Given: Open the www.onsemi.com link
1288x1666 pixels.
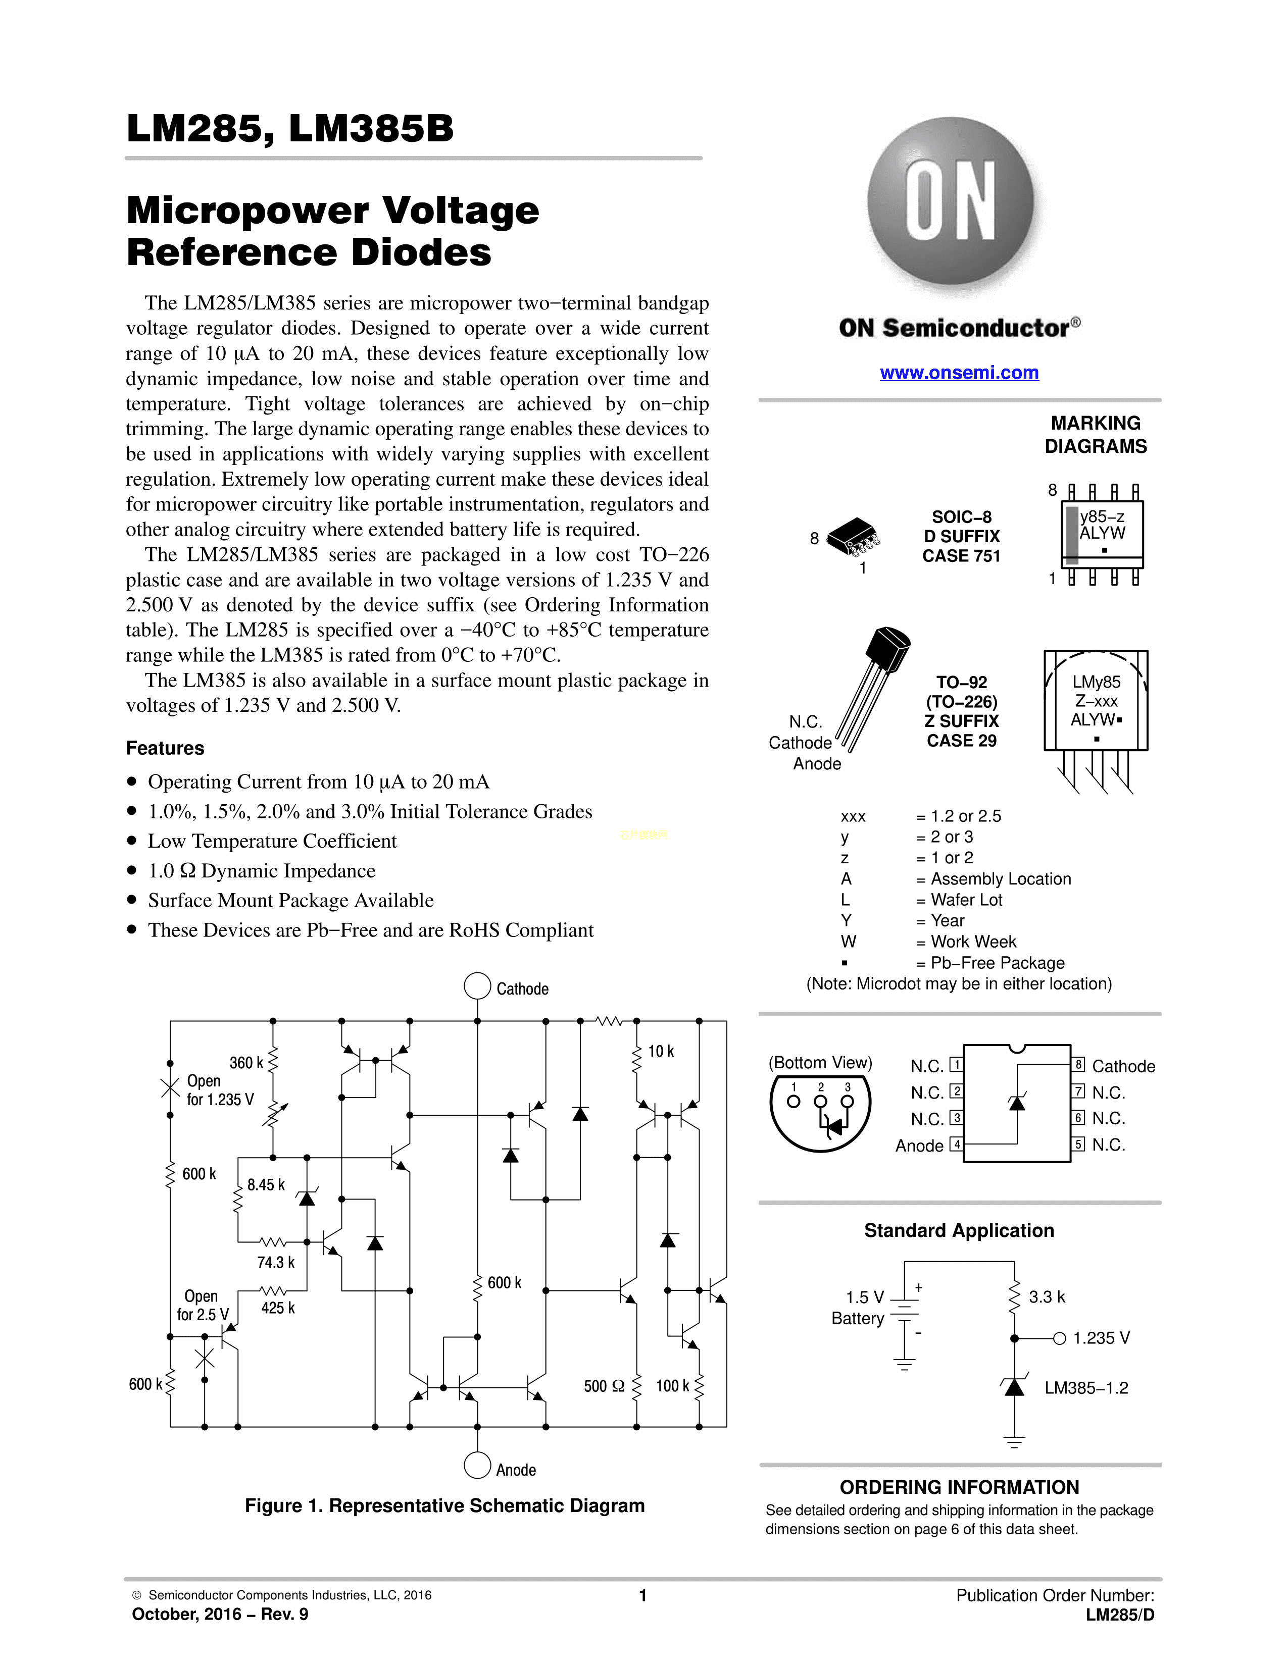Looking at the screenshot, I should [x=959, y=373].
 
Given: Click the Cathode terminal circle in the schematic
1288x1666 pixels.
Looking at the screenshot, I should [x=477, y=985].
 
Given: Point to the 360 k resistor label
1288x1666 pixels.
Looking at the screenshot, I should [x=245, y=1063].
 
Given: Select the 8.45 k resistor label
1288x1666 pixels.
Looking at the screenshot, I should [x=266, y=1185].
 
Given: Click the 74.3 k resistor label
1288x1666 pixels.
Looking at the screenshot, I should [x=275, y=1263].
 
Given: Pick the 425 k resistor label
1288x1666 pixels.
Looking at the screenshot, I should [x=278, y=1308].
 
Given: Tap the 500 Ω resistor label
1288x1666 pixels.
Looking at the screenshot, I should [x=604, y=1386].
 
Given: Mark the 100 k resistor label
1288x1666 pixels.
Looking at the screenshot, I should [x=672, y=1386].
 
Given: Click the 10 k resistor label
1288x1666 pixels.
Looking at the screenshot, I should [x=661, y=1051].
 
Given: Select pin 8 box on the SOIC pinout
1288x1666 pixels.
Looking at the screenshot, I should [x=1079, y=1065].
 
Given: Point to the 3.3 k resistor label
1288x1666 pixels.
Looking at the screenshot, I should [x=1047, y=1297].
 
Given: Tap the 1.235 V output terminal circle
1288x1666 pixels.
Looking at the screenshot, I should [x=1059, y=1338].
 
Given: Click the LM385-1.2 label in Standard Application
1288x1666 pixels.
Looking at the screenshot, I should [x=1086, y=1388].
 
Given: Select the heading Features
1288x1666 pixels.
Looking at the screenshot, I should [x=165, y=748].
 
